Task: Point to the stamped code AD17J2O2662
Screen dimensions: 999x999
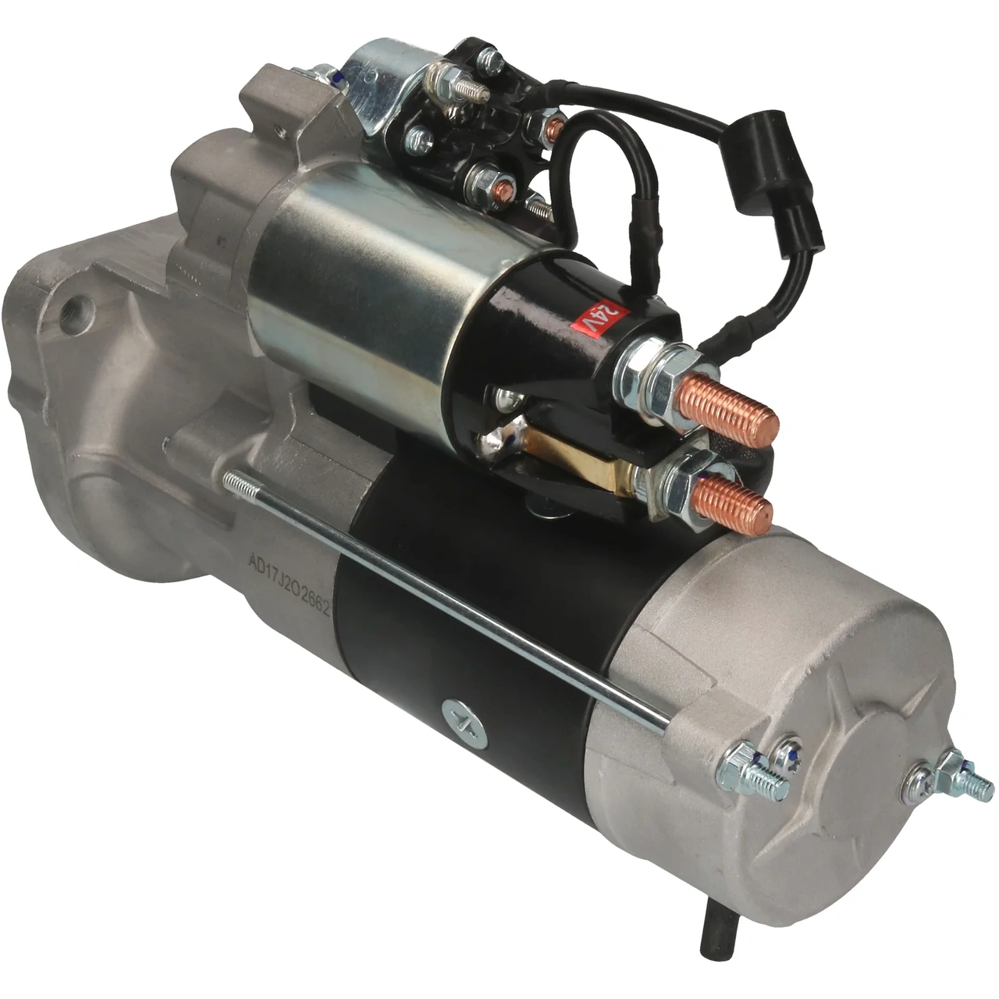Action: [290, 576]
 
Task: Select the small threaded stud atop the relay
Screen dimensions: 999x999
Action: [468, 86]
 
